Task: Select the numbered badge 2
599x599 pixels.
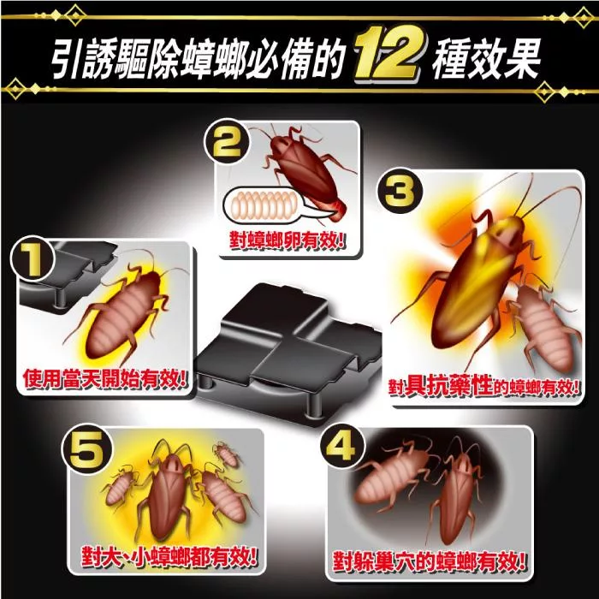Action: click(x=227, y=143)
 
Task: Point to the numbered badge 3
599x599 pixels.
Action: click(x=400, y=191)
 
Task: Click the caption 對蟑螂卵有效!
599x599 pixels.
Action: click(x=288, y=240)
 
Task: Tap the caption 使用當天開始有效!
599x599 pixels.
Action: click(x=104, y=378)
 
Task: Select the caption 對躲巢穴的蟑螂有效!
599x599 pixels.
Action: click(x=429, y=561)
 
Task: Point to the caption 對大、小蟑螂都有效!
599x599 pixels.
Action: click(x=169, y=556)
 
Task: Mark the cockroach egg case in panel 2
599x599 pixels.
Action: click(x=262, y=205)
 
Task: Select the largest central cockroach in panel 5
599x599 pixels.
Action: click(x=168, y=493)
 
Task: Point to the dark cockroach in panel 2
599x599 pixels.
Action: click(x=302, y=172)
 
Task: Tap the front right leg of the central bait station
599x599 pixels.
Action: click(x=314, y=404)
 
